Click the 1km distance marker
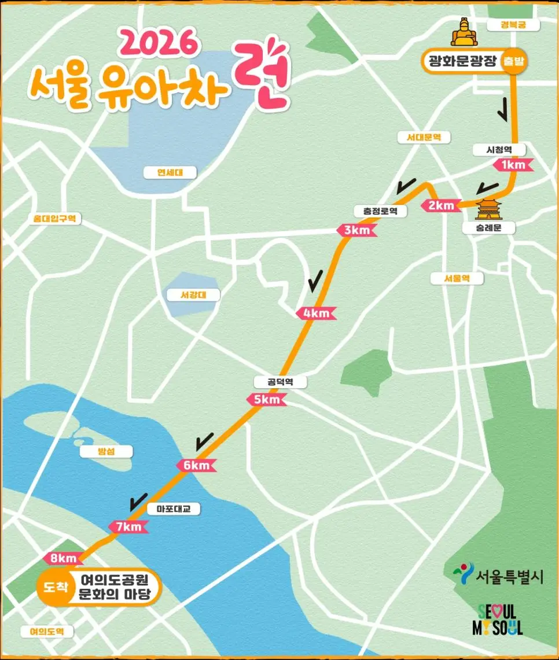512,165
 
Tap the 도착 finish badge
55,587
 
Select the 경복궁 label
513,25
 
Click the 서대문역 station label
420,137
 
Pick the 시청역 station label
500,149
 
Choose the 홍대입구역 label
56,219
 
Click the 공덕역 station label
280,382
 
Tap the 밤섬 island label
106,451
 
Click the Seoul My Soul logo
500,620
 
